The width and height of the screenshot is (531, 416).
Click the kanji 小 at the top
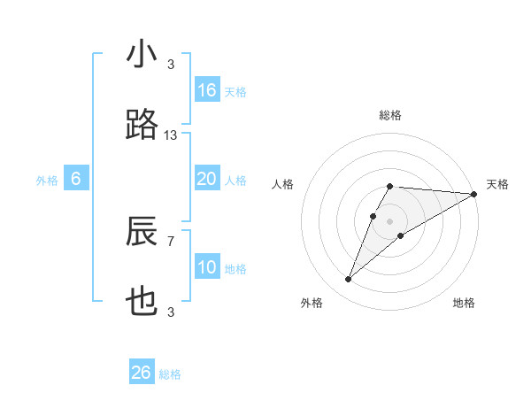[x=142, y=55]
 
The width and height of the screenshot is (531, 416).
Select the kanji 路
[x=142, y=126]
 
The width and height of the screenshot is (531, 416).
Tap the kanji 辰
[x=142, y=232]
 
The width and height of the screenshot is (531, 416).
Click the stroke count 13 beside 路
[x=171, y=135]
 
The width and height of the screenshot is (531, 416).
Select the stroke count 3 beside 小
[x=171, y=65]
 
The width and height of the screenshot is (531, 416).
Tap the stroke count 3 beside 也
[x=171, y=312]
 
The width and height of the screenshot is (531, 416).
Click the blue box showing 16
[x=207, y=89]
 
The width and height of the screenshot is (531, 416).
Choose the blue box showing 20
[x=207, y=179]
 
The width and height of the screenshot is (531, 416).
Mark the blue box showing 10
[x=207, y=267]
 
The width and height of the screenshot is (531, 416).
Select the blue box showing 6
[x=76, y=179]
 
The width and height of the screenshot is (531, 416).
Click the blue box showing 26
[x=142, y=373]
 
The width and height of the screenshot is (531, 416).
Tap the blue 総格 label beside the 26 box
[x=170, y=374]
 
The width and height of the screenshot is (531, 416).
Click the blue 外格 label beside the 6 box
[x=47, y=181]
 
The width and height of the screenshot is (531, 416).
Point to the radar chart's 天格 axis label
[x=498, y=184]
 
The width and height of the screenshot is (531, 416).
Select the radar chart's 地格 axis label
[x=464, y=303]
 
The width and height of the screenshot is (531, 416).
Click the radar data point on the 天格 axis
[x=474, y=194]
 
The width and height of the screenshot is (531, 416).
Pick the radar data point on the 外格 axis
[x=348, y=280]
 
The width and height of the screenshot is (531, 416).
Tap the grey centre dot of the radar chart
[x=390, y=220]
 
